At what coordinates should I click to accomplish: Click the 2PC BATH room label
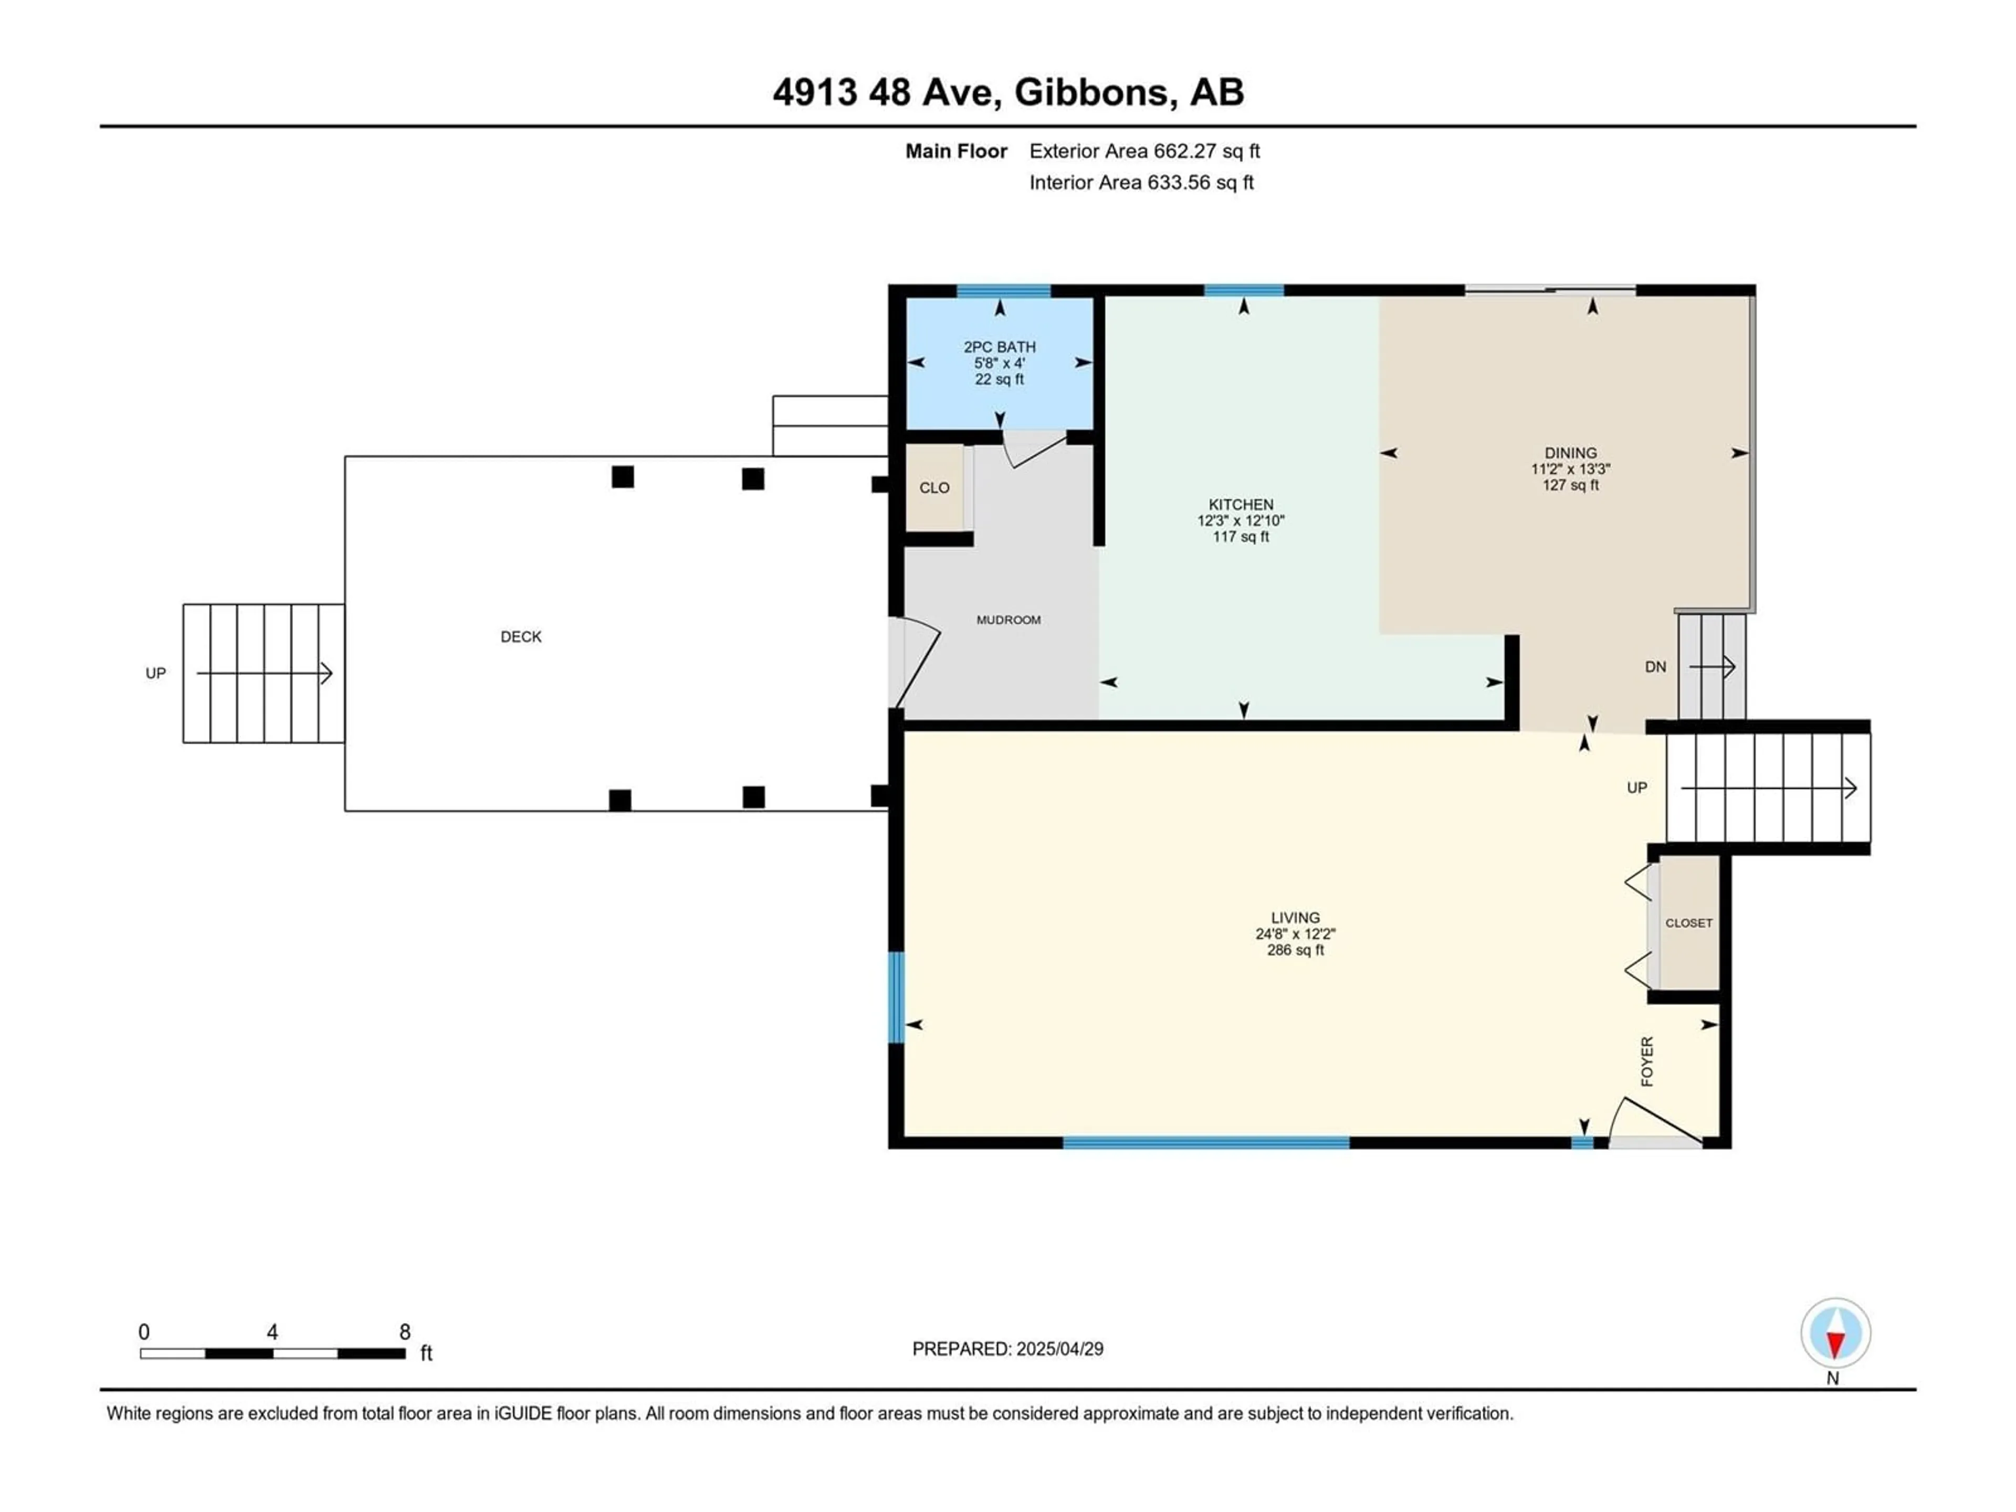tap(999, 346)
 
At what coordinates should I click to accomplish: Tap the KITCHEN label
tap(1241, 504)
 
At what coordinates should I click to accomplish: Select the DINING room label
tap(1570, 453)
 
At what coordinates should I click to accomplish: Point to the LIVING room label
tap(1295, 918)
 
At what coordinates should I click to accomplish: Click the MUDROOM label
tap(1008, 619)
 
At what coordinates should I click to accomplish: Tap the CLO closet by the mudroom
tap(934, 488)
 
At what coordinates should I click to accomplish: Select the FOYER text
tap(1647, 1062)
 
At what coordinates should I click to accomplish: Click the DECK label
tap(521, 637)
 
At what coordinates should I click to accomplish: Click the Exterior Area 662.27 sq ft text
tap(1144, 151)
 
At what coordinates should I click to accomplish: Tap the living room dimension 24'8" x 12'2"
tap(1295, 934)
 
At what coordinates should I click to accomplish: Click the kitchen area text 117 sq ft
tap(1241, 537)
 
